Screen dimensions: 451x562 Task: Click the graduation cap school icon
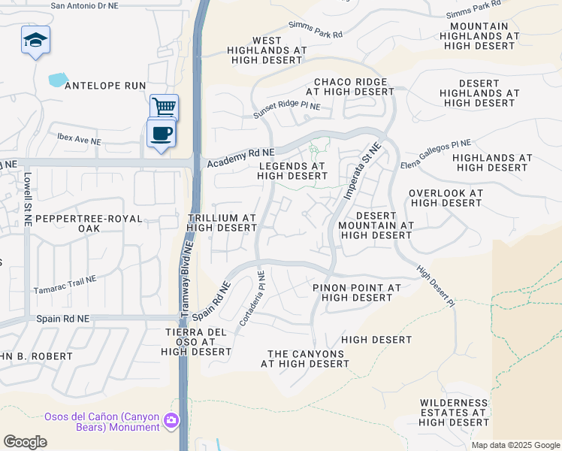point(35,40)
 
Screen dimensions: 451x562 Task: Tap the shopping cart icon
point(164,107)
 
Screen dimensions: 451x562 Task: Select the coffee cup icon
point(162,133)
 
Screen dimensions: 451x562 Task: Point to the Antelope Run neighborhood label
point(105,86)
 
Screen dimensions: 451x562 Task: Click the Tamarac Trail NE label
point(65,284)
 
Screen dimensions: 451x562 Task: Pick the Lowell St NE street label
point(27,199)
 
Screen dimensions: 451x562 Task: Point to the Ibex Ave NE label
point(79,141)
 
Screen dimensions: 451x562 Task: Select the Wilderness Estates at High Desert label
point(454,413)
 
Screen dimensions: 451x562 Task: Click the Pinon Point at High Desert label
point(357,292)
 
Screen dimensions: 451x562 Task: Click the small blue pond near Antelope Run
point(58,78)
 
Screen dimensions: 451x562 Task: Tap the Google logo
point(25,442)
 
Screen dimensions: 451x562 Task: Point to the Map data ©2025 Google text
point(515,445)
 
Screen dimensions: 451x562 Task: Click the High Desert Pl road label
point(437,287)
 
